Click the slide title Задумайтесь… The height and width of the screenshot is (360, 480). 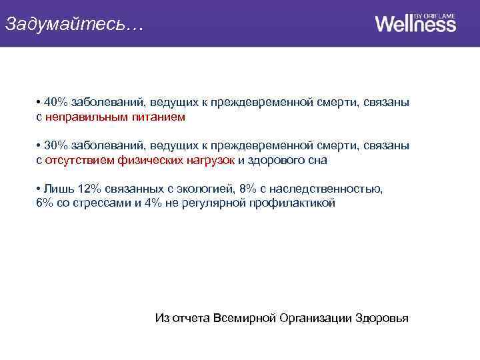[x=73, y=24]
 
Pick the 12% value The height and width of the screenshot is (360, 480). [x=82, y=189]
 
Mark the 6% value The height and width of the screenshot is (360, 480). [x=45, y=203]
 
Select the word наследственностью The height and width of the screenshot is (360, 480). [x=326, y=189]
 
